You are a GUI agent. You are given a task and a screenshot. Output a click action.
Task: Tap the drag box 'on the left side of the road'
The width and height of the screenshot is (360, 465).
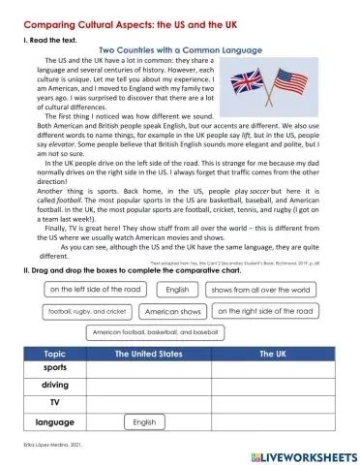tap(95, 290)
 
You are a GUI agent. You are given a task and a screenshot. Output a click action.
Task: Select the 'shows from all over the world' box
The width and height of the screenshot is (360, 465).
tap(261, 290)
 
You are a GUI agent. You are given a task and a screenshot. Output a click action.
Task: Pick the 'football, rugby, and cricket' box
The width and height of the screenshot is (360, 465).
tap(86, 312)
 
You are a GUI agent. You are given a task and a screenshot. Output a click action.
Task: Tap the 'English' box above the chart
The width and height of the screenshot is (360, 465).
tap(177, 290)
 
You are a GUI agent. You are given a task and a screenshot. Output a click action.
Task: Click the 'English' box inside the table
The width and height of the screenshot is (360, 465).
tap(144, 422)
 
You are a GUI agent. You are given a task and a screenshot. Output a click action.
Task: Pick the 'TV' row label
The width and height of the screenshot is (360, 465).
tap(54, 404)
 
